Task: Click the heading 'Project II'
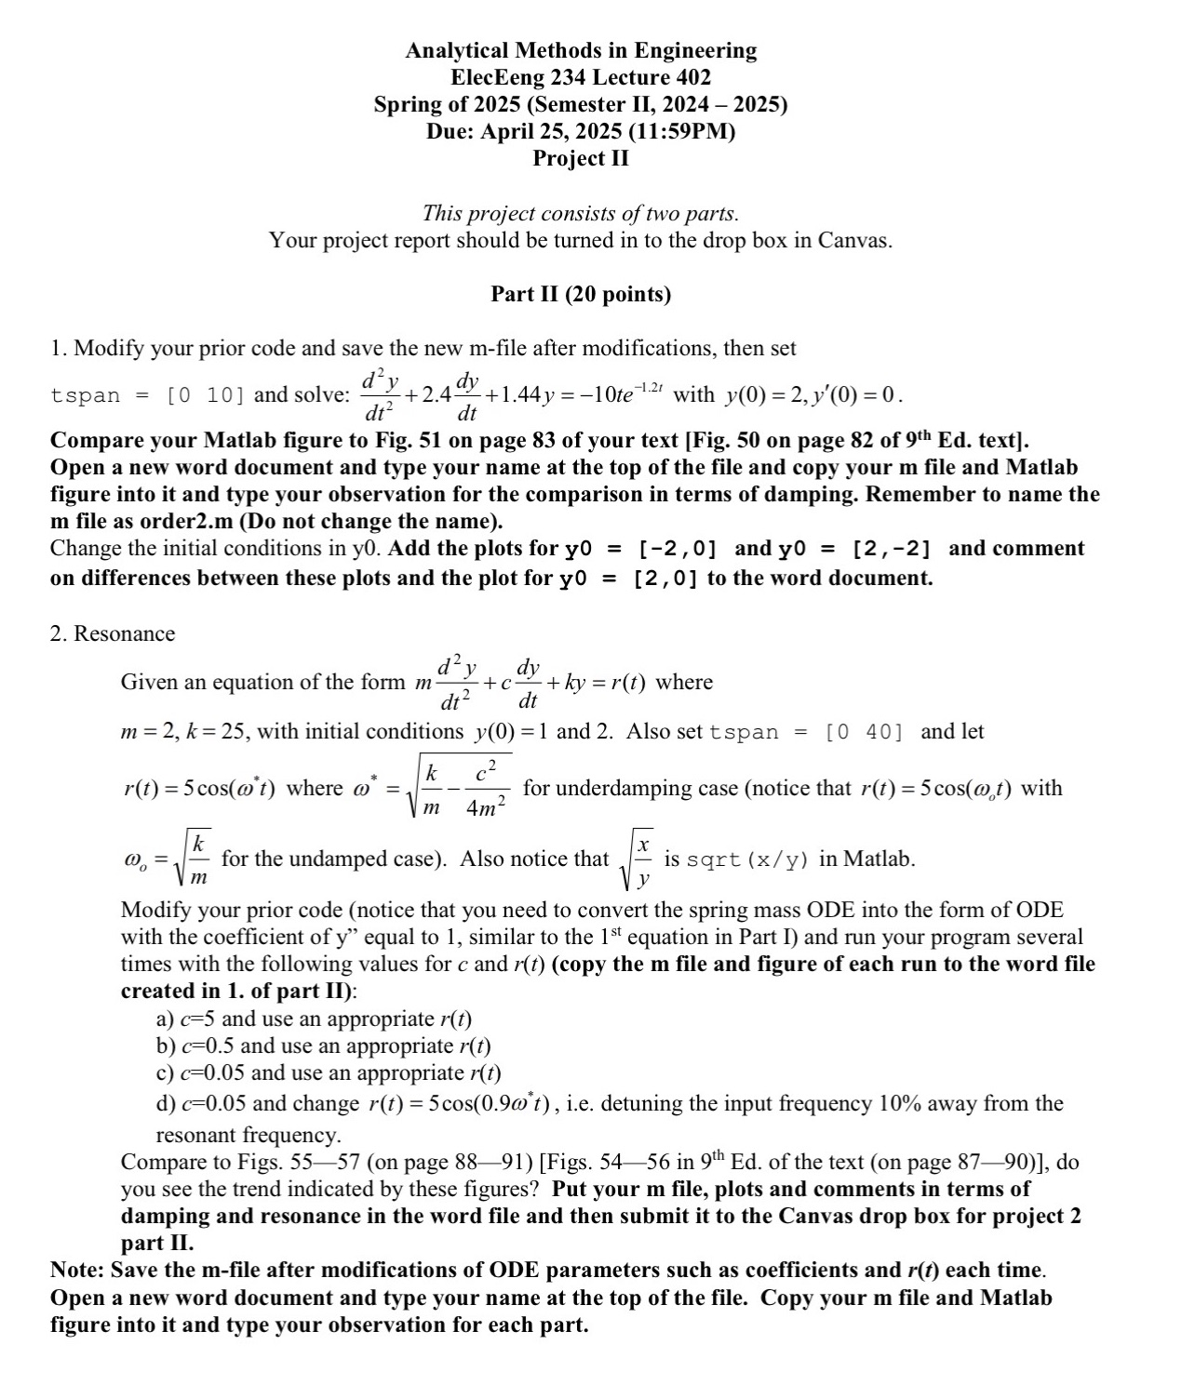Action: click(x=581, y=158)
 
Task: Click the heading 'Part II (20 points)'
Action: click(x=581, y=295)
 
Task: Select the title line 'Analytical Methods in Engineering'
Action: click(x=581, y=50)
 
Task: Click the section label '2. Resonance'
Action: click(x=113, y=634)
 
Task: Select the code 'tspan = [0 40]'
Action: click(x=806, y=732)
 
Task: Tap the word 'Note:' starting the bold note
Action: click(x=76, y=1271)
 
